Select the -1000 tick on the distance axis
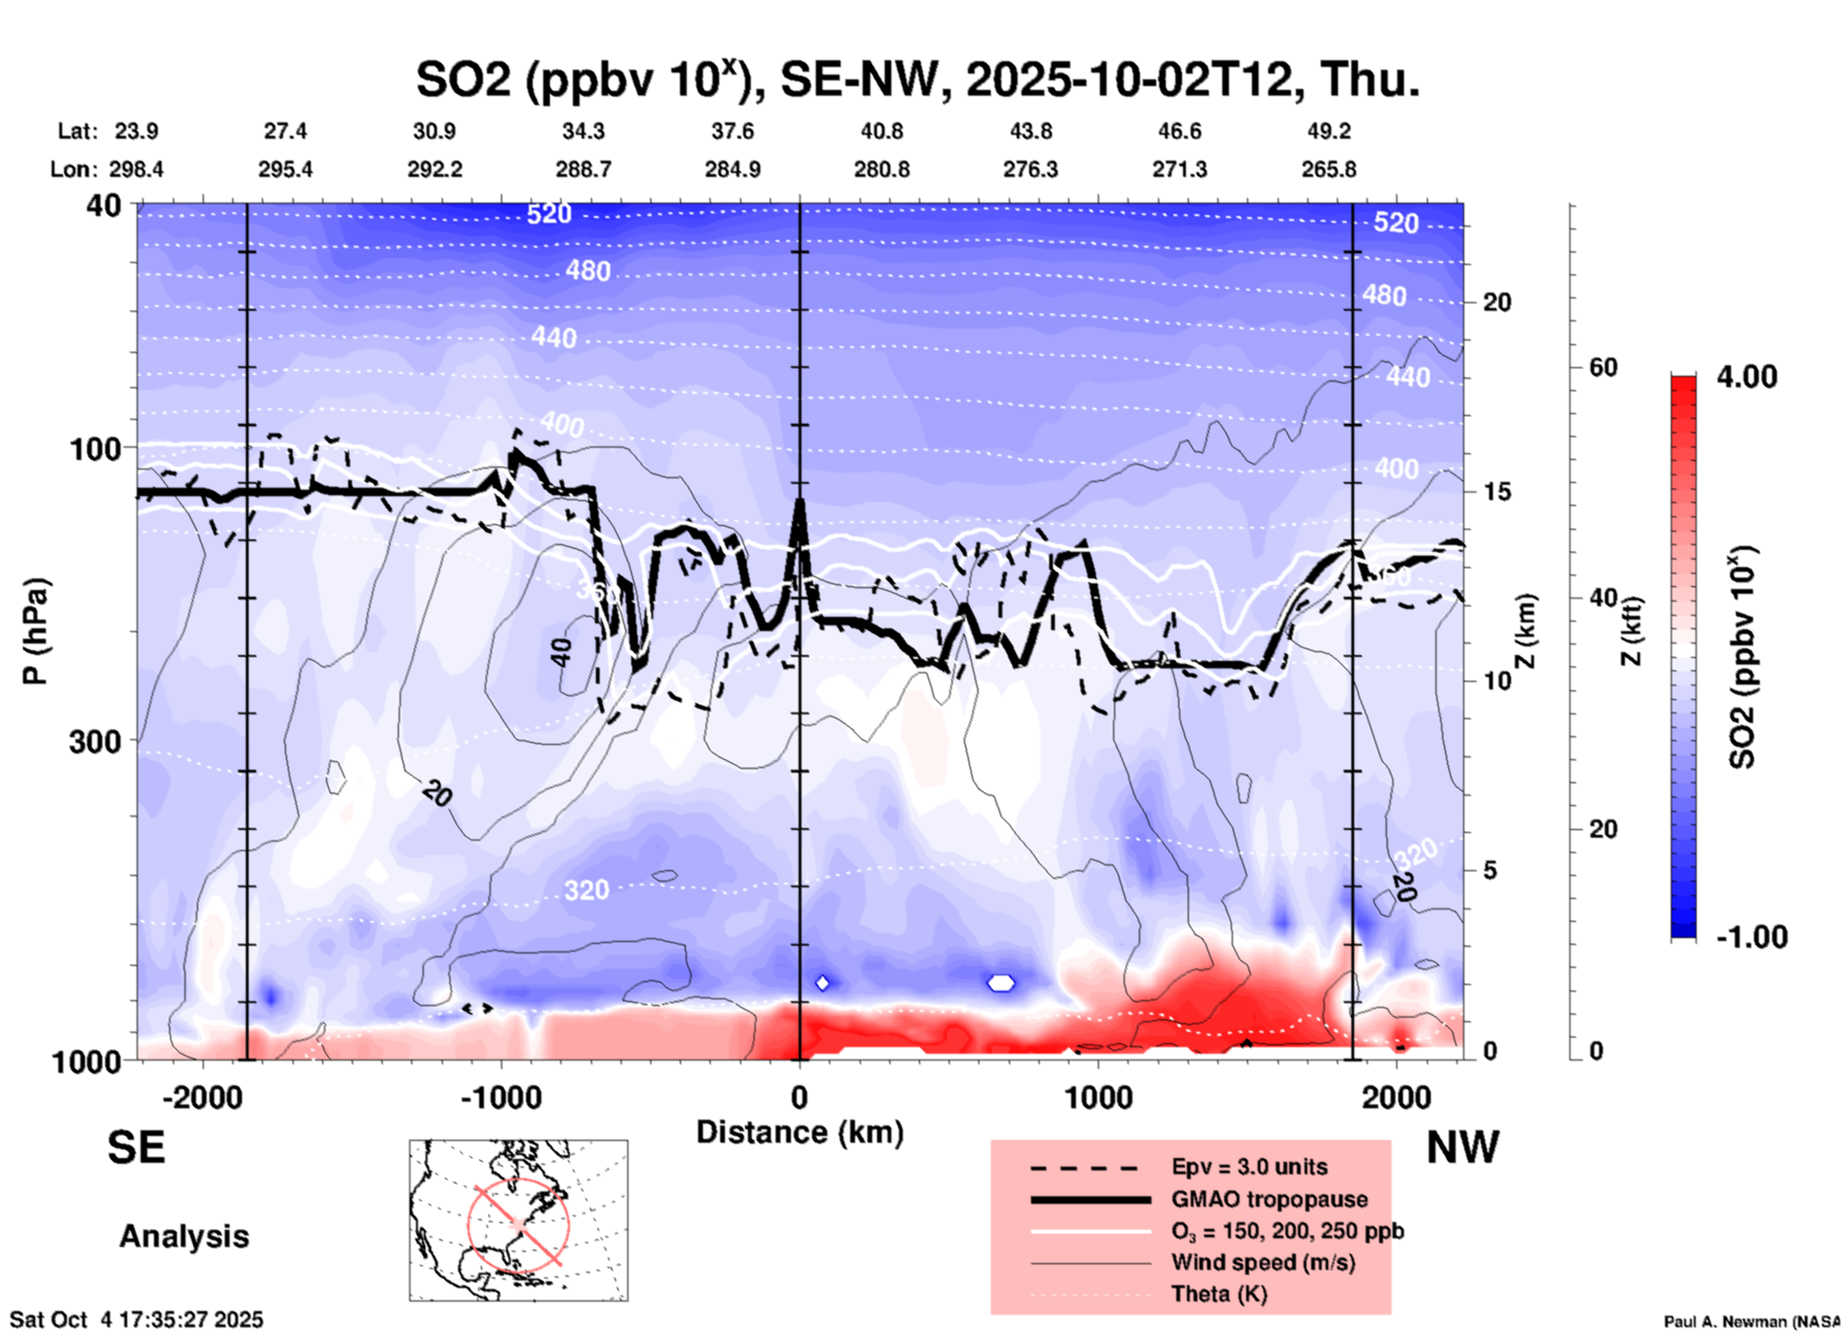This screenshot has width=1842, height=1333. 501,1097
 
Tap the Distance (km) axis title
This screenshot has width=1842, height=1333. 800,1132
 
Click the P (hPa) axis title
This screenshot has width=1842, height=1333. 35,631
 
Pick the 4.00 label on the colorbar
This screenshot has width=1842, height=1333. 1746,377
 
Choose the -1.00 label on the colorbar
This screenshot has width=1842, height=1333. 1751,937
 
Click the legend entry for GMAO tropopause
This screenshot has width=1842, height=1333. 1269,1199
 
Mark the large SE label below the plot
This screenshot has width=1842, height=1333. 136,1147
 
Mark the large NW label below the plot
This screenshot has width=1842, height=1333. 1462,1147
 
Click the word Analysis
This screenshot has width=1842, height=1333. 184,1236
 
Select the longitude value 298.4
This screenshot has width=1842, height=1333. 136,169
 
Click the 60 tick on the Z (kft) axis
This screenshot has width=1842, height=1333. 1603,367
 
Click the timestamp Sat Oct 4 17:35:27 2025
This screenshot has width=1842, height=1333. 136,1320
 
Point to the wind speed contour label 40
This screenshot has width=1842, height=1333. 561,653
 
